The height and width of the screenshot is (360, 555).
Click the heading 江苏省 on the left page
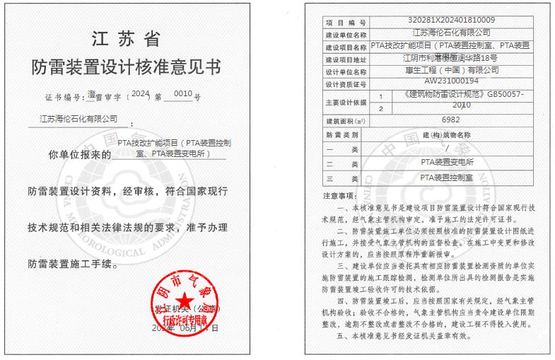[x=126, y=37]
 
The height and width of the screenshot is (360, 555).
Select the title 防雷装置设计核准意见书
[x=126, y=67]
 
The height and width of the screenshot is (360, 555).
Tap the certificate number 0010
[x=182, y=95]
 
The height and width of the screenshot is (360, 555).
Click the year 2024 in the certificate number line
[x=141, y=94]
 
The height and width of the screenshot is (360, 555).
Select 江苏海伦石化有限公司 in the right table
[x=450, y=33]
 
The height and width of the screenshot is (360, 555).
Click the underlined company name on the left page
[x=78, y=119]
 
